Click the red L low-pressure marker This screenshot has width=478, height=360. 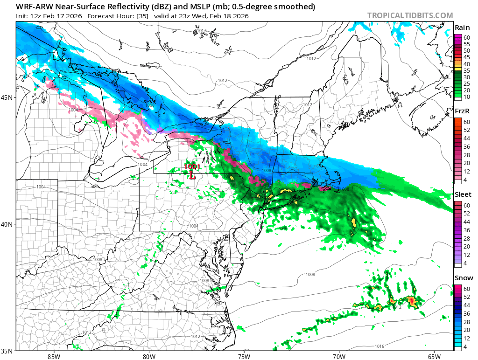coord(191,175)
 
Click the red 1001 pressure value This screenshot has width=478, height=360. coord(191,166)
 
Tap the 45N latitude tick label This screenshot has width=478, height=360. coord(7,97)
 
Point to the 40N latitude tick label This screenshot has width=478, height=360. coord(7,224)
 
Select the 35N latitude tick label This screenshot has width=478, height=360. coord(7,351)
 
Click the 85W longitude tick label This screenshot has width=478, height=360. coord(54,356)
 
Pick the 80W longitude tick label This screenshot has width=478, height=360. coord(149,356)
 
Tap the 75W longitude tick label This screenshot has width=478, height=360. coord(244,356)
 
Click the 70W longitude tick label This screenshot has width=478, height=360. coord(339,356)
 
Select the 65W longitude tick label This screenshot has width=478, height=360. coord(434,356)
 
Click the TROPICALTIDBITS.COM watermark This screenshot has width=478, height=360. coord(409,16)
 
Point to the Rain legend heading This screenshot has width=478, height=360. coord(462,28)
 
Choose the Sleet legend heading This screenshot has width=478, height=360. coord(463,194)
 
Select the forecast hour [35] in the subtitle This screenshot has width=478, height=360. coord(141,16)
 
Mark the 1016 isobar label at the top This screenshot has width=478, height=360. coord(201,31)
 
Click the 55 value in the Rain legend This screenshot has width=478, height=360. coord(466,44)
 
